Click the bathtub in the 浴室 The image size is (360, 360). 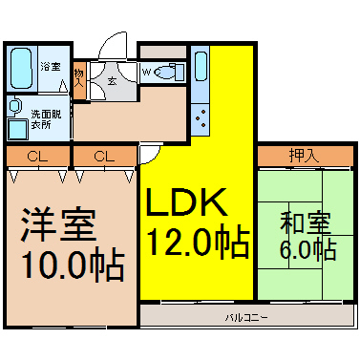21,68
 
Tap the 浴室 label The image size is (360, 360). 51,67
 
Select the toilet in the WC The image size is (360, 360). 169,73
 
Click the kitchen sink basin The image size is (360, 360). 201,66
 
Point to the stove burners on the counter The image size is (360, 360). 201,118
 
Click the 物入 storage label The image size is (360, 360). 79,78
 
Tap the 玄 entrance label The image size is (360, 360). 112,81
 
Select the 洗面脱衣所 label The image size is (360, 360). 46,119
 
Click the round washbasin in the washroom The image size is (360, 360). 13,106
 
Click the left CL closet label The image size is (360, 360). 37,157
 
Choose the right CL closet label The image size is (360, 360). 104,157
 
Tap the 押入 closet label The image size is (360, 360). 304,156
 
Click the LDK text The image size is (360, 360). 186,202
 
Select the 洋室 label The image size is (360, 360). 58,224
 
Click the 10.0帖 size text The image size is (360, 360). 73,266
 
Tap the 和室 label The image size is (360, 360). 306,222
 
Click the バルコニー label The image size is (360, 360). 246,317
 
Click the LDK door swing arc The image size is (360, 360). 155,157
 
